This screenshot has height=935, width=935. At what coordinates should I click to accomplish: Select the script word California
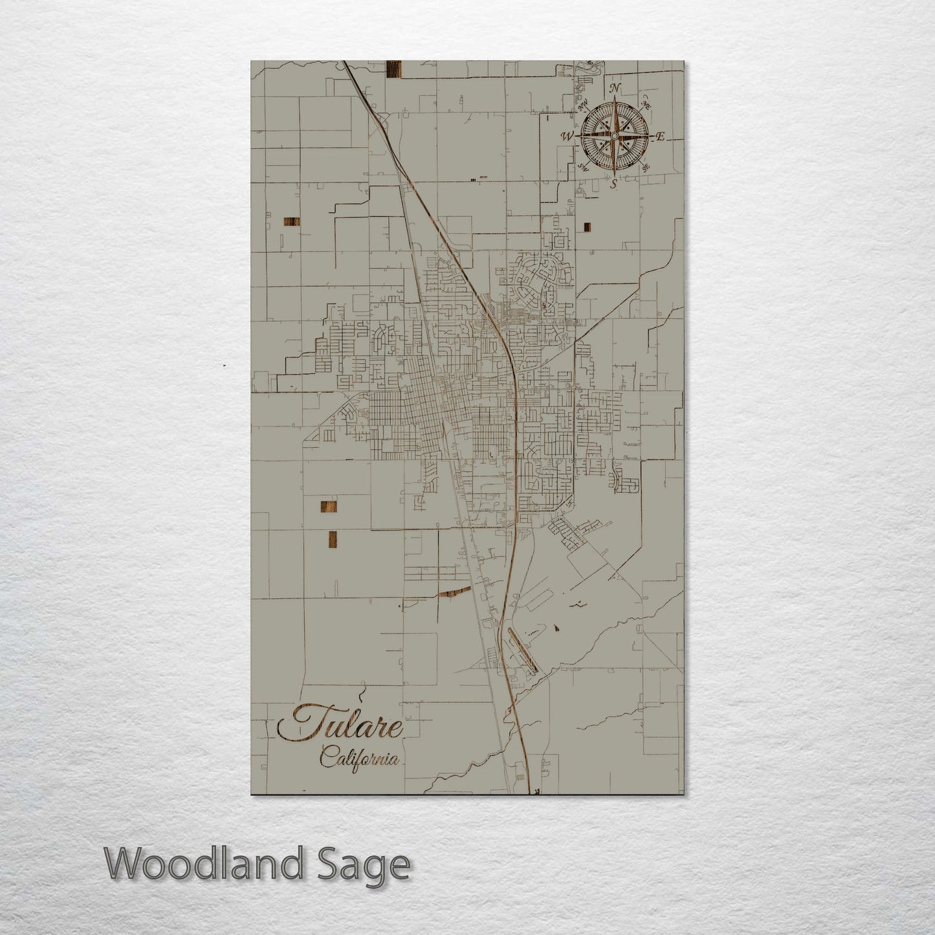pyautogui.click(x=359, y=757)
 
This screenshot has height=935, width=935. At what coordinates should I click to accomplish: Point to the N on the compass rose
pyautogui.click(x=615, y=89)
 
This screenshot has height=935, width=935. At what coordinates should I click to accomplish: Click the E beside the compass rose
pyautogui.click(x=661, y=137)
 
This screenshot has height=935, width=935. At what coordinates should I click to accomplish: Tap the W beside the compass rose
pyautogui.click(x=567, y=137)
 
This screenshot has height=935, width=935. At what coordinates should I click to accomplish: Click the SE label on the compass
pyautogui.click(x=646, y=168)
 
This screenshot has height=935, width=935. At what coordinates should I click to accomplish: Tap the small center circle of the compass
pyautogui.click(x=614, y=136)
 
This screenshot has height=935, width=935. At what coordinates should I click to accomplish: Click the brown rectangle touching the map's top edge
pyautogui.click(x=393, y=69)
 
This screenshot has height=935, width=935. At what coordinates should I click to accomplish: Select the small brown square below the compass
pyautogui.click(x=588, y=226)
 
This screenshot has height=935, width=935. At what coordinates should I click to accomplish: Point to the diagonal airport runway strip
pyautogui.click(x=522, y=650)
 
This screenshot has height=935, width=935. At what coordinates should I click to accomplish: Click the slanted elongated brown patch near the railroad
pyautogui.click(x=454, y=591)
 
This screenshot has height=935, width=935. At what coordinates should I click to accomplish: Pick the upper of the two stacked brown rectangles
pyautogui.click(x=329, y=508)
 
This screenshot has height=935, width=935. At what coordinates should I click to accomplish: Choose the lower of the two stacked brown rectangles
pyautogui.click(x=333, y=538)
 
